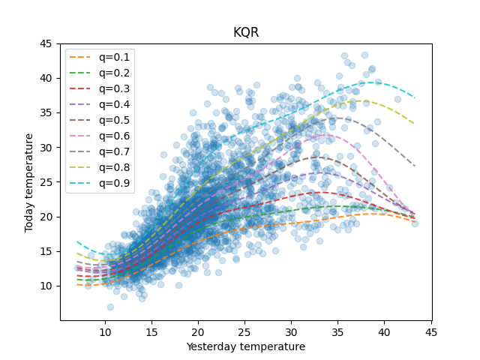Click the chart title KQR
(x=246, y=33)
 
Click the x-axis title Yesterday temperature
(x=246, y=347)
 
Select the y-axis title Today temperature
(x=29, y=182)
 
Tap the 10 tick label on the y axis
(x=46, y=286)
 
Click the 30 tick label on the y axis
(x=46, y=148)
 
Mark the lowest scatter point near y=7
(x=110, y=307)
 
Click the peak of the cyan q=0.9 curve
(x=377, y=81)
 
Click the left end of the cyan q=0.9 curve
(x=77, y=241)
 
